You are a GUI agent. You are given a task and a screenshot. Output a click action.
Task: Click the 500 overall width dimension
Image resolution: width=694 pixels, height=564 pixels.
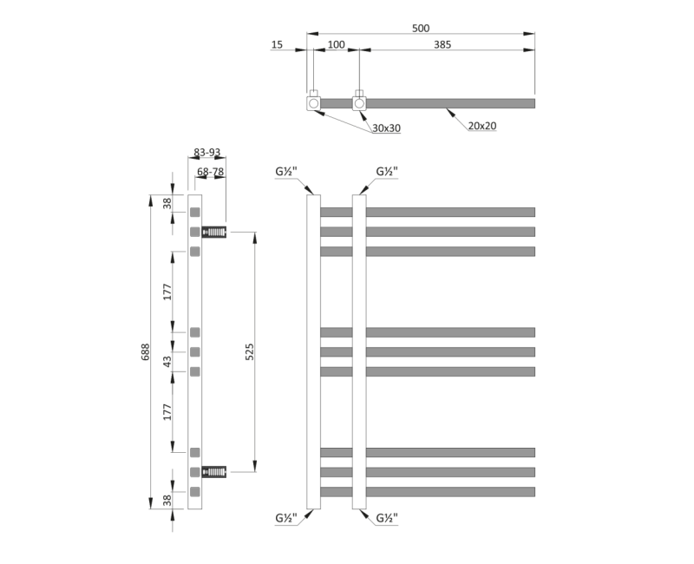click(x=421, y=29)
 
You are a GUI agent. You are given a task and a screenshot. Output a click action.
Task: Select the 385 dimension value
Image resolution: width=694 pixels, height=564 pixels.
click(x=442, y=45)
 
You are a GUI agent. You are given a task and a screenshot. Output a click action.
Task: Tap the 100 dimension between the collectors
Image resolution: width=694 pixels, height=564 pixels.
click(x=337, y=45)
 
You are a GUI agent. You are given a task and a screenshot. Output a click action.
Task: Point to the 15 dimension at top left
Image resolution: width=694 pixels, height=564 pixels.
click(x=277, y=45)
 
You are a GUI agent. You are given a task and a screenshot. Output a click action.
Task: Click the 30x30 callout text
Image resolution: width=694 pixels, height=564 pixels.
click(x=386, y=128)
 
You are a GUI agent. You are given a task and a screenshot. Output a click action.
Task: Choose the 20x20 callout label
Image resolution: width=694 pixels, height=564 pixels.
click(x=482, y=126)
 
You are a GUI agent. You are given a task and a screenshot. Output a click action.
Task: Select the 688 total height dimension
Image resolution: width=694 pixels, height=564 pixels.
click(x=146, y=352)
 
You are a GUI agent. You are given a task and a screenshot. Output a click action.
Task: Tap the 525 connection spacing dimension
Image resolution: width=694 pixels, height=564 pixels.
click(x=250, y=352)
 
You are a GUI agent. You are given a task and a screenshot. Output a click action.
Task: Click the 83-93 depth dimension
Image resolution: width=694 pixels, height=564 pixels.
click(x=207, y=153)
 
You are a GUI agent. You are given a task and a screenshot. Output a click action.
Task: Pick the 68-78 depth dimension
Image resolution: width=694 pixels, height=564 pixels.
click(x=211, y=172)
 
